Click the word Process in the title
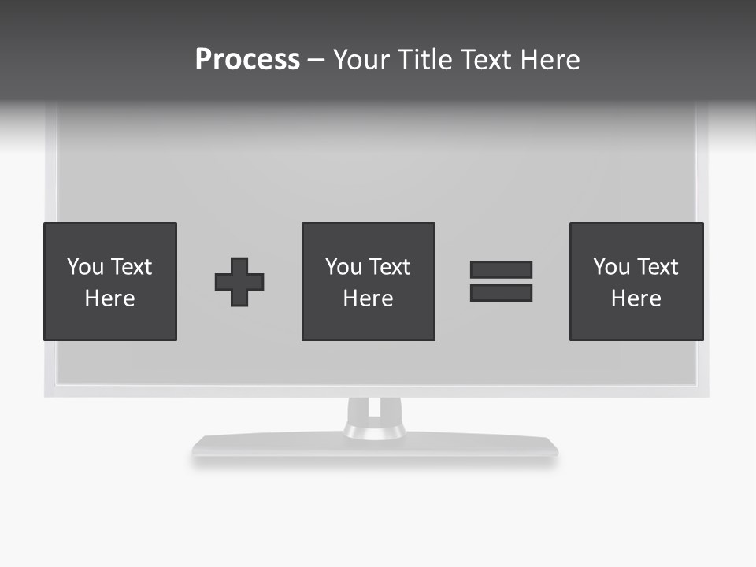[247, 60]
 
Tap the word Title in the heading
[424, 60]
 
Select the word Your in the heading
[361, 60]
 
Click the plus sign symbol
[239, 282]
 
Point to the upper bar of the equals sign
[501, 270]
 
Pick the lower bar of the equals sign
[501, 292]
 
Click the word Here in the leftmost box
[109, 298]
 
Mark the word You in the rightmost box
[612, 267]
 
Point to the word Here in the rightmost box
[636, 298]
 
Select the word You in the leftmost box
[86, 267]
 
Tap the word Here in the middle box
[368, 298]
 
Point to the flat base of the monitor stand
[375, 446]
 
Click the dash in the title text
[316, 60]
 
